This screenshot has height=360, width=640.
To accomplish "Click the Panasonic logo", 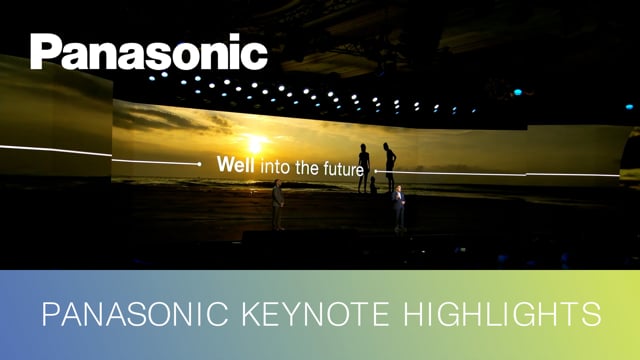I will pos(148,52).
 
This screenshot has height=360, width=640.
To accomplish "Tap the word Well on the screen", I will pos(236,164).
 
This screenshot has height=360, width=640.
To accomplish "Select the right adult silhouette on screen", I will pos(389,166).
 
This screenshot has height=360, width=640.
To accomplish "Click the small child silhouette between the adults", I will pos(374,185).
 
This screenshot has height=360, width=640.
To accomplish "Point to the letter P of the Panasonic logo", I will pos(45,52).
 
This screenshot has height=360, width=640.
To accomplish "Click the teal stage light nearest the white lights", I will pos(517,91).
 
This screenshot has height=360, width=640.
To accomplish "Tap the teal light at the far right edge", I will pos(629,104).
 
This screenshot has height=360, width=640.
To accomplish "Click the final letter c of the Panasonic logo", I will pos(255,56).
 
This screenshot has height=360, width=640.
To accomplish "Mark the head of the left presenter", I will pos(277,184).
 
